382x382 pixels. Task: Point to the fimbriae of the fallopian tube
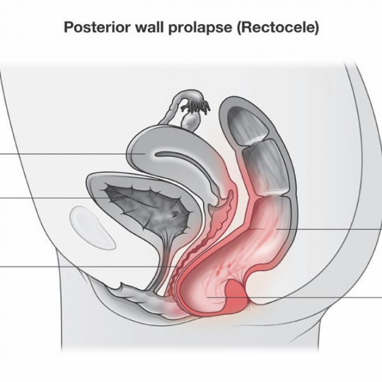click(196, 105)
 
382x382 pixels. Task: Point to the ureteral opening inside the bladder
click(175, 214)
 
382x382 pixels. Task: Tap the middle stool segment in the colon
click(265, 166)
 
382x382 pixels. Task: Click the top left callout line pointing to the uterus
click(73, 154)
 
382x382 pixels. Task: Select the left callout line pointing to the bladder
click(54, 198)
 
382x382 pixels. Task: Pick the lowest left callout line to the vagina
click(88, 267)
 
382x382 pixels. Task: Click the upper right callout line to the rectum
click(330, 229)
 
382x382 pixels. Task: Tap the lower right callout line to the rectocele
click(294, 297)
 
